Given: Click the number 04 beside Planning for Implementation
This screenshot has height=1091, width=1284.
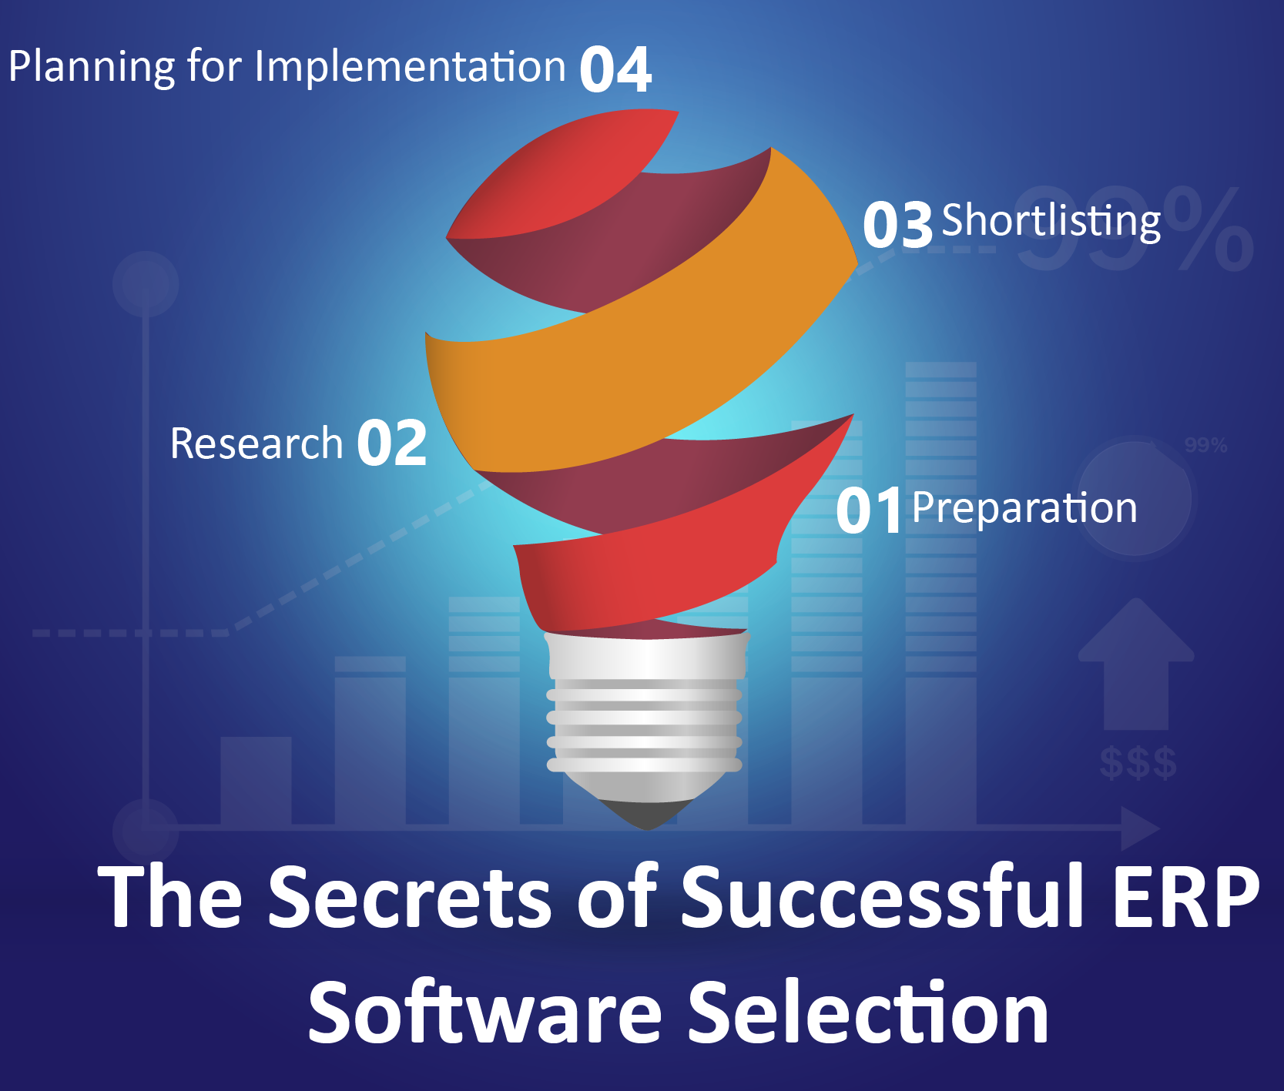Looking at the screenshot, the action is tap(615, 69).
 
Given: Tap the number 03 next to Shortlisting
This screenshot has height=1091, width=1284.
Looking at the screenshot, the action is tap(897, 225).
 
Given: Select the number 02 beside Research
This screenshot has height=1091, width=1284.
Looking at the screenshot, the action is tap(392, 443).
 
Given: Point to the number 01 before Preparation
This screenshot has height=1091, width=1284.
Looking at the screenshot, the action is tap(868, 510).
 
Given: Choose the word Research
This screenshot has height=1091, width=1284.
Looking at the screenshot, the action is tap(256, 443).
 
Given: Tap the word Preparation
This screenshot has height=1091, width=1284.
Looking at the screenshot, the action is tap(1024, 509).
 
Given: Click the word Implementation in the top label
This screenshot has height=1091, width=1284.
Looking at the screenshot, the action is tap(410, 66).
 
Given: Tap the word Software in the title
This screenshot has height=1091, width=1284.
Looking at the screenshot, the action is tap(485, 1012).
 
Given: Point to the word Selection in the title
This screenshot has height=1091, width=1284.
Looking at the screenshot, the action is tap(868, 1012).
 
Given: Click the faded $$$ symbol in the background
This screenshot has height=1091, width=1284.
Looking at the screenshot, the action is tap(1138, 763).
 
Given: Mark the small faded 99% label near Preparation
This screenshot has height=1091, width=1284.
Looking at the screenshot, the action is tap(1205, 445).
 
